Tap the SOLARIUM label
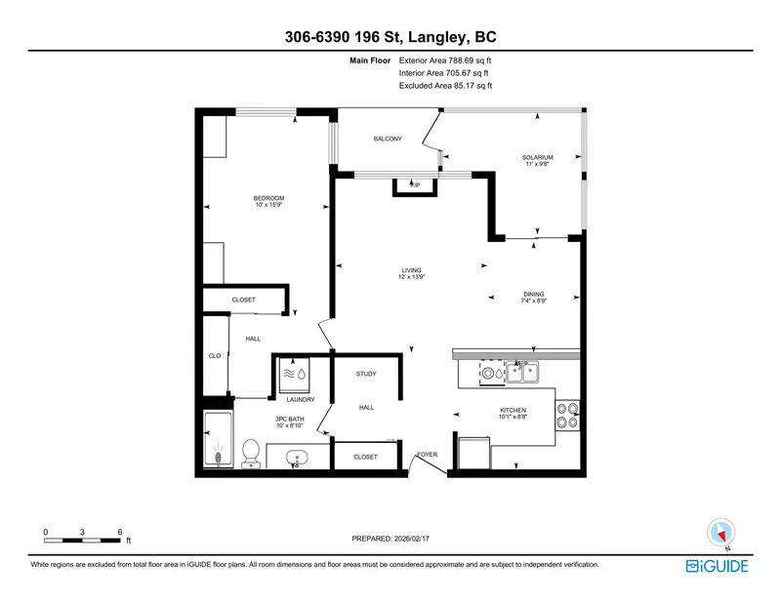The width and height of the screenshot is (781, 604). pos(537,157)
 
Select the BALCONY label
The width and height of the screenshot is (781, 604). pos(388,139)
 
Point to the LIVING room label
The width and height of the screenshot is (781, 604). pos(412,270)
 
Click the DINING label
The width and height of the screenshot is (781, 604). pos(533,294)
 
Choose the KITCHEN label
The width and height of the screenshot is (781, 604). pos(513,410)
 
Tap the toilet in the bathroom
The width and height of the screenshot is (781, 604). pos(251,453)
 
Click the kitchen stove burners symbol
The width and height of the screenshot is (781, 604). pos(567,417)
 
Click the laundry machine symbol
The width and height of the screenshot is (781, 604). pos(294,373)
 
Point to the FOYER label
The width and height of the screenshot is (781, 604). pos(428,455)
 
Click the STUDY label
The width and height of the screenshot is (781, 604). pos(366,374)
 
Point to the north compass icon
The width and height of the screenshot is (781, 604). pos(720,533)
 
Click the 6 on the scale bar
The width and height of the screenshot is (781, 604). pos(119,532)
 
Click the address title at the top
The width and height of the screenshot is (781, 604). pos(390,38)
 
